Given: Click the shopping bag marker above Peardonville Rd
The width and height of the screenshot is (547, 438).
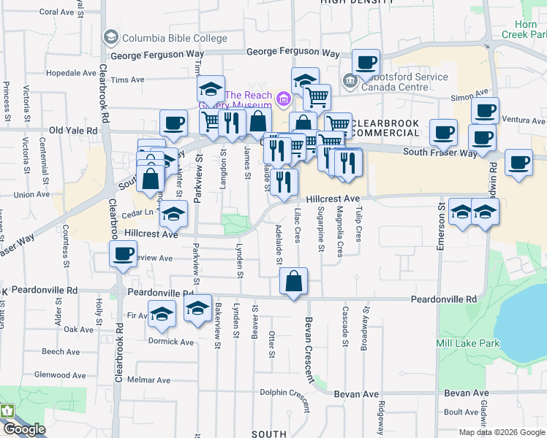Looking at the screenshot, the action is pyautogui.click(x=293, y=281).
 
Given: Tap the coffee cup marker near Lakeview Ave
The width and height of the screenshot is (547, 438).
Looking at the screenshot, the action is pyautogui.click(x=123, y=255).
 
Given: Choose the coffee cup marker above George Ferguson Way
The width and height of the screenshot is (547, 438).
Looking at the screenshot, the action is pyautogui.click(x=366, y=62).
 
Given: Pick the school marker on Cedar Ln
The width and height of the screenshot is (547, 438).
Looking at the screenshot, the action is pyautogui.click(x=174, y=214).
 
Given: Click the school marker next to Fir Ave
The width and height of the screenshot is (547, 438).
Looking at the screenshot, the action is pyautogui.click(x=162, y=314).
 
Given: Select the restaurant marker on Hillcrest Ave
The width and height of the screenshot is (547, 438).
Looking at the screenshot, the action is pyautogui.click(x=284, y=182).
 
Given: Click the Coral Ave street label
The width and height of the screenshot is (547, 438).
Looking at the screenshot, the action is pyautogui.click(x=58, y=12).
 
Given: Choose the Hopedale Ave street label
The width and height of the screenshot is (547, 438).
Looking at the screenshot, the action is pyautogui.click(x=65, y=74).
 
